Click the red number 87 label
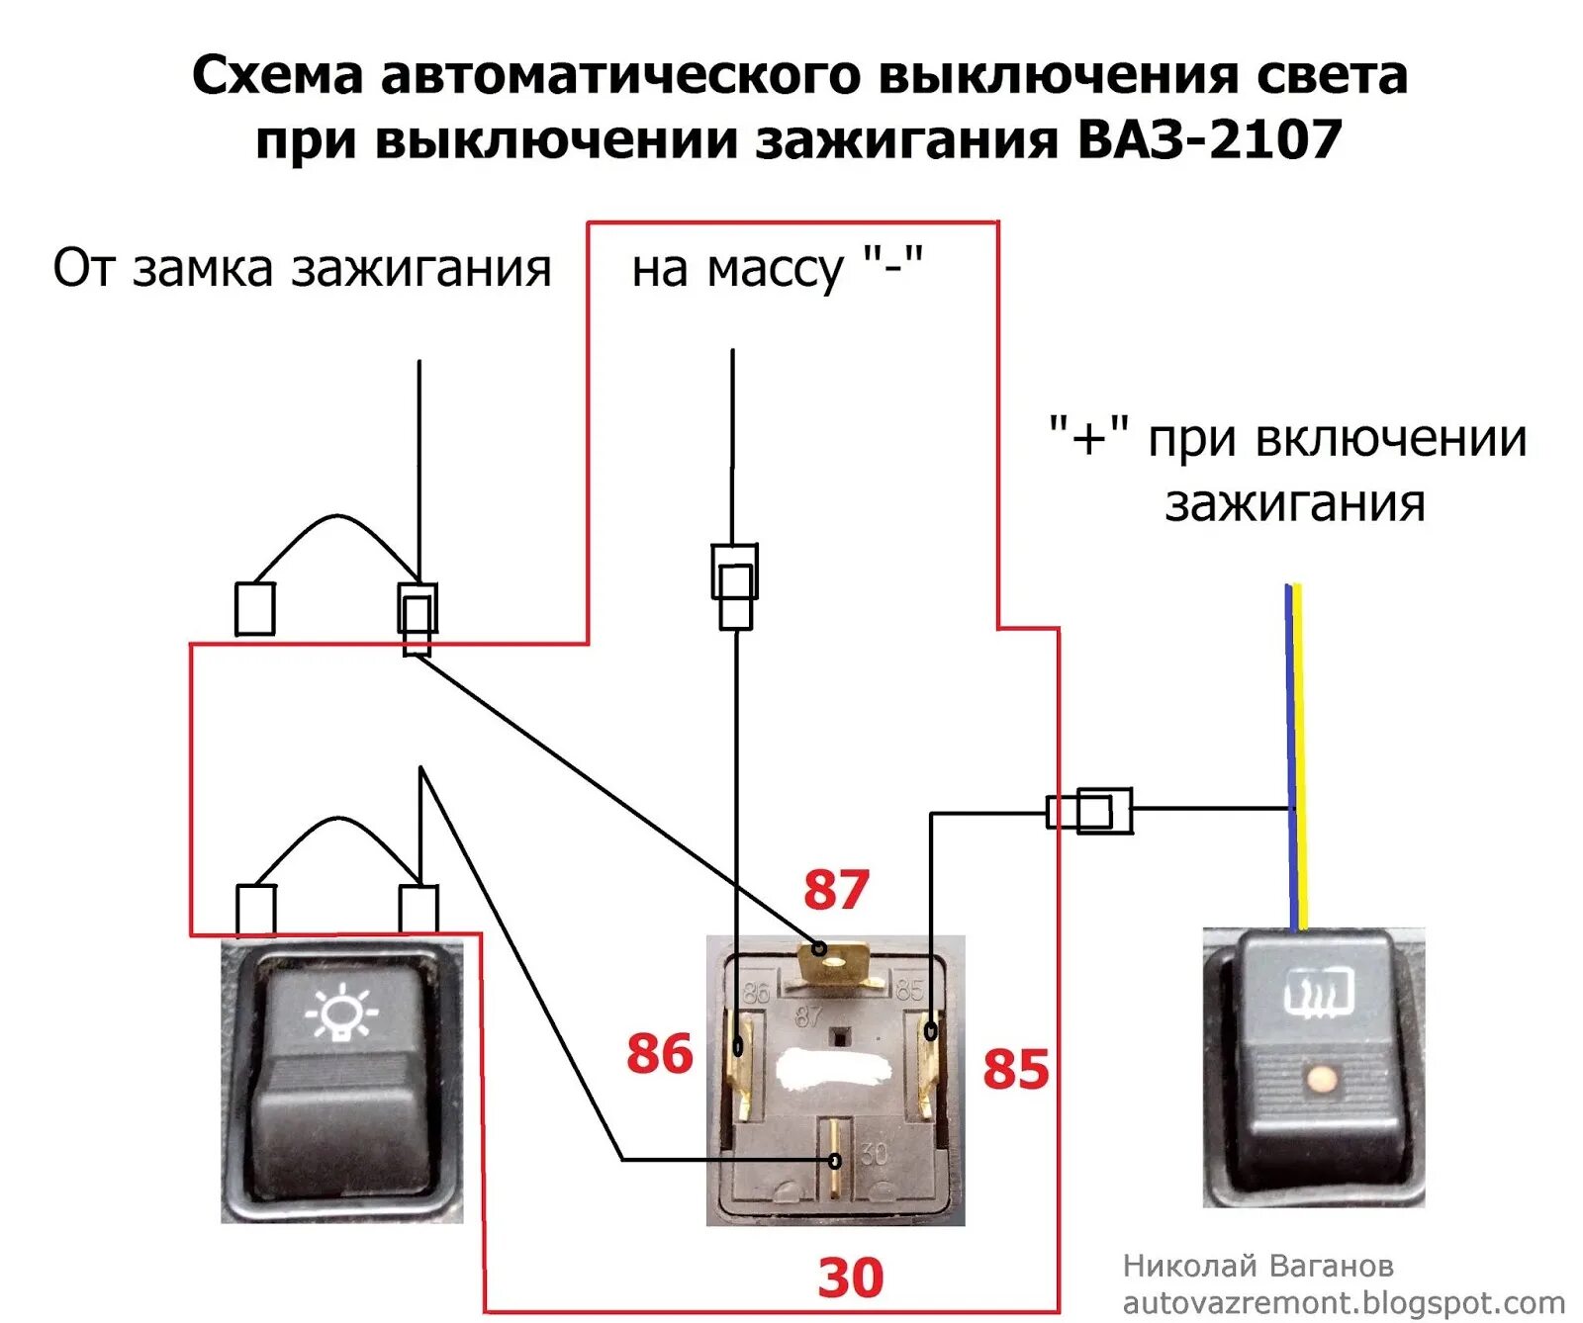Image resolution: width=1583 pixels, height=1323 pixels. click(x=836, y=889)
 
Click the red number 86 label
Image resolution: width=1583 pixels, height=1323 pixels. click(x=660, y=1053)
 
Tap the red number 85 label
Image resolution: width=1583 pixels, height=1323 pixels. click(x=1015, y=1069)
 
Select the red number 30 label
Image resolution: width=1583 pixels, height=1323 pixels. click(x=850, y=1277)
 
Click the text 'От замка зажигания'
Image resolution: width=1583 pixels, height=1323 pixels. click(x=302, y=268)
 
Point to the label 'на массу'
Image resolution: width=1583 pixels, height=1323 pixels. click(x=738, y=269)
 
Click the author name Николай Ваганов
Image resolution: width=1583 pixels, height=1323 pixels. click(x=1257, y=1266)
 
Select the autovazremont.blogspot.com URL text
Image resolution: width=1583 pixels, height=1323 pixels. click(x=1344, y=1302)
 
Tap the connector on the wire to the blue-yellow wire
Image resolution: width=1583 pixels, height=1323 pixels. click(x=1090, y=811)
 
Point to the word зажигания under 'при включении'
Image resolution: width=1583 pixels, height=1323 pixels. click(x=1294, y=503)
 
